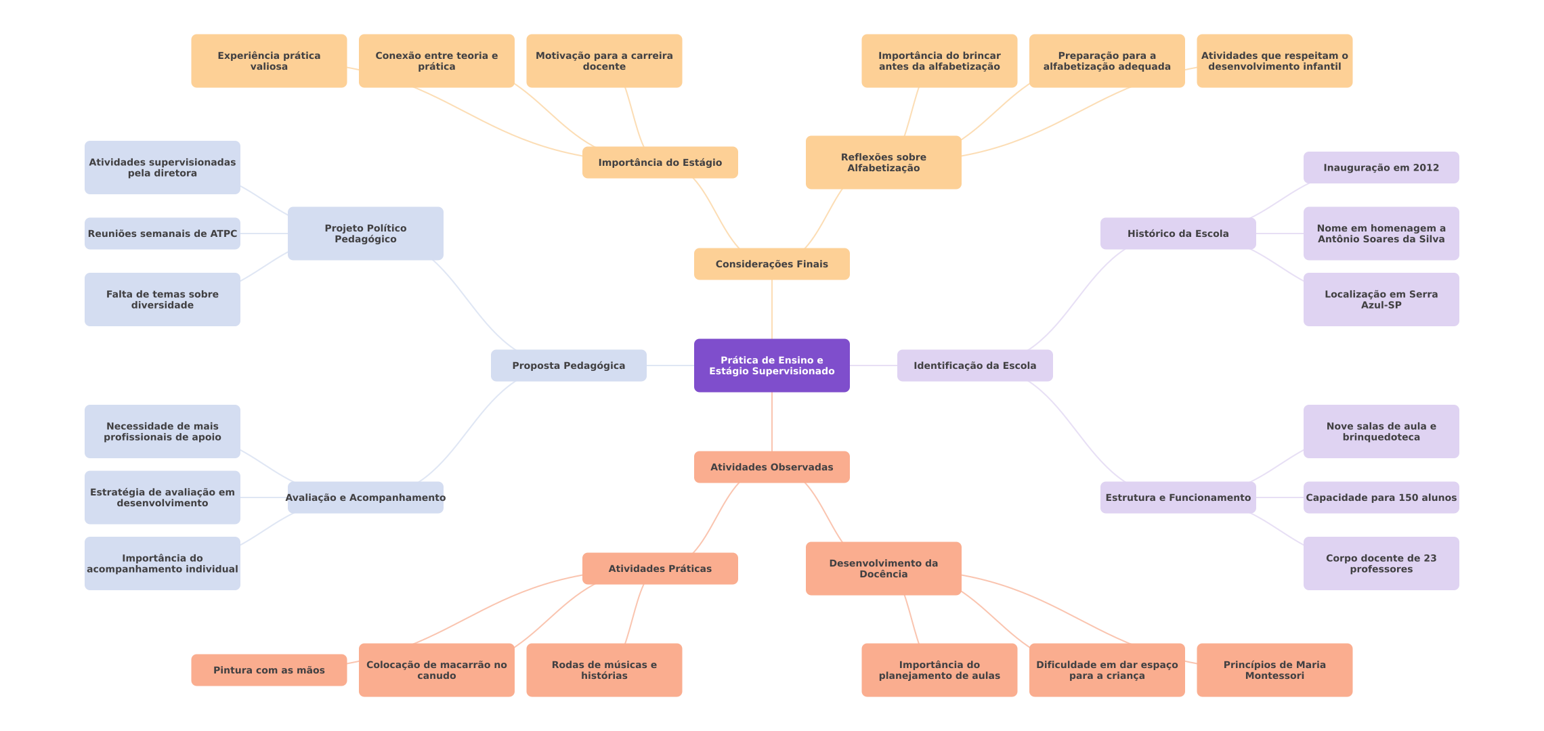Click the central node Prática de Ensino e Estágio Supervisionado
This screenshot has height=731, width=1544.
771,365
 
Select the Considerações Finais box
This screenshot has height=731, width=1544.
771,264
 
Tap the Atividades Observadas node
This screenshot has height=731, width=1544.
771,467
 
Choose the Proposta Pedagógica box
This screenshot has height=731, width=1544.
568,365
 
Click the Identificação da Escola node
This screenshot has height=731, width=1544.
974,365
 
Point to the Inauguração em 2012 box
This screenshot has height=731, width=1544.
1381,167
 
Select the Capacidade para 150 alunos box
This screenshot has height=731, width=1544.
1381,497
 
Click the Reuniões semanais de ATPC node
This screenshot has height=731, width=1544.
162,234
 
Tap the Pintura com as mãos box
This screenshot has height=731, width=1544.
269,670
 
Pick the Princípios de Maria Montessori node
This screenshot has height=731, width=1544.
1274,670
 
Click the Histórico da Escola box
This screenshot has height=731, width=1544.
1178,234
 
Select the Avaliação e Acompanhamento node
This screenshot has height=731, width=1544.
365,497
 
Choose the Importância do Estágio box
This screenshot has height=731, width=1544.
660,162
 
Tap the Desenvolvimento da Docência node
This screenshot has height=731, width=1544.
883,569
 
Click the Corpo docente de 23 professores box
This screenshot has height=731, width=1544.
1381,563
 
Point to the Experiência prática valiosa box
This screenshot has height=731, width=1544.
269,61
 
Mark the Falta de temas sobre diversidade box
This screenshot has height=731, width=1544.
162,299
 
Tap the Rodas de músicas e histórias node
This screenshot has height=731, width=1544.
604,670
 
